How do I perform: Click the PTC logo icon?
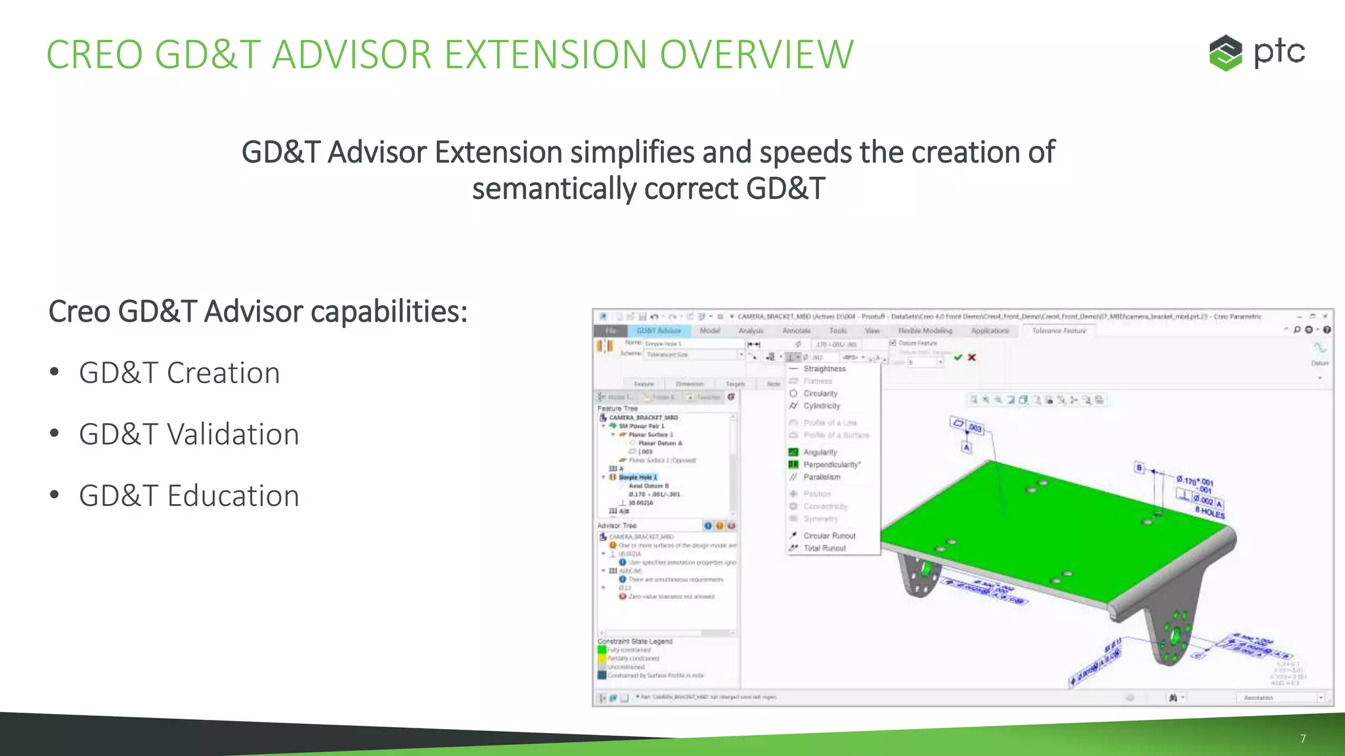pos(1225,53)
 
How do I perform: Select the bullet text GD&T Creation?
pos(179,373)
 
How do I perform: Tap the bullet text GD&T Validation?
pos(189,434)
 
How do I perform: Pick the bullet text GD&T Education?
pos(189,496)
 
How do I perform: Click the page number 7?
pos(1303,739)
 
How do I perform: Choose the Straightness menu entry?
pos(824,369)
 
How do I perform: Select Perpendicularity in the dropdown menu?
pos(831,465)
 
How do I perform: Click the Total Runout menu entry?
pos(825,548)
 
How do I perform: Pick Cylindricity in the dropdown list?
pos(822,406)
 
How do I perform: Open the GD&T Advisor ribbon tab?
pos(659,331)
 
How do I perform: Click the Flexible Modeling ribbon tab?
pos(925,331)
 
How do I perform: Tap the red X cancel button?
pos(972,358)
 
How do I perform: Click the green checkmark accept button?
pos(958,358)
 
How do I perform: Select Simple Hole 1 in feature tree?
pos(638,477)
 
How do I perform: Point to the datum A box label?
pos(967,448)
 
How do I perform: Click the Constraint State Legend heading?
pos(635,641)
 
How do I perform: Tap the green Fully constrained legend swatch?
pos(602,650)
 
